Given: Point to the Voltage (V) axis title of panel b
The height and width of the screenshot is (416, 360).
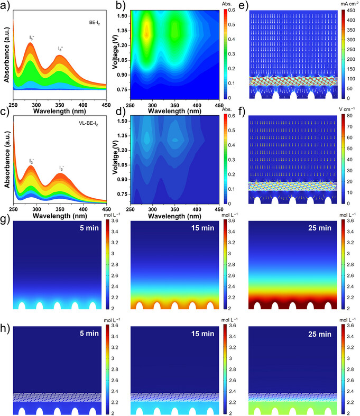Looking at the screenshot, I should tap(115, 52).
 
